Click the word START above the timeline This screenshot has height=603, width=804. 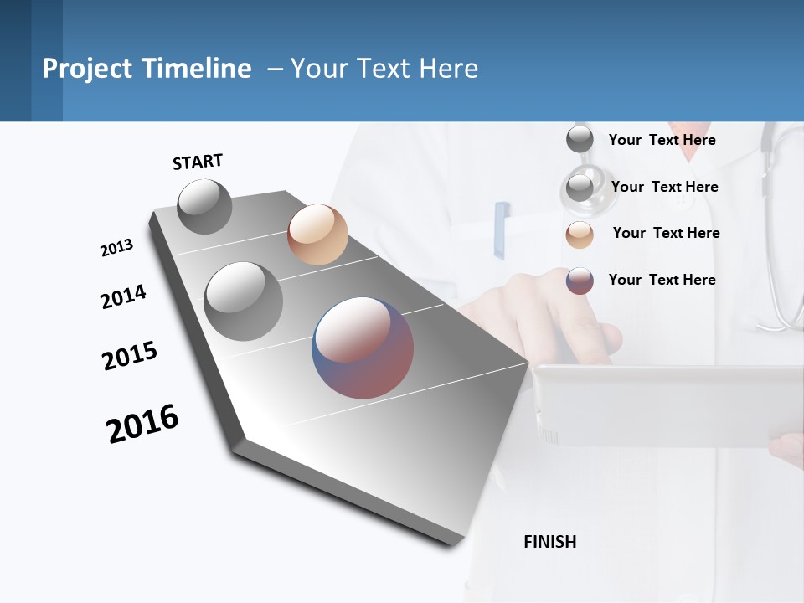click(x=198, y=162)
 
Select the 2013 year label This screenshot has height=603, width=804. click(x=116, y=248)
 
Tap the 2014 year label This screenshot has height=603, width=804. click(x=123, y=297)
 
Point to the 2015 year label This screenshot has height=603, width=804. click(x=130, y=356)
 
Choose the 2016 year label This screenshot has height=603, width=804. click(x=142, y=424)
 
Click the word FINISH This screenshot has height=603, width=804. click(x=549, y=542)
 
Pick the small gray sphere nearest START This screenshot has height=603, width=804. click(x=205, y=207)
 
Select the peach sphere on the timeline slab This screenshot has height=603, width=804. click(x=317, y=234)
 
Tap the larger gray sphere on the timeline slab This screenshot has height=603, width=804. click(x=243, y=301)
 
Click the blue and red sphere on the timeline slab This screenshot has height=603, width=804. click(x=363, y=347)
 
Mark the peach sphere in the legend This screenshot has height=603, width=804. click(x=580, y=234)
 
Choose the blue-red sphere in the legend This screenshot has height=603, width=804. click(x=580, y=281)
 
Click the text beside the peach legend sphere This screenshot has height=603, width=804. click(x=666, y=233)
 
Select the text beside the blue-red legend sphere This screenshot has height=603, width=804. click(x=662, y=280)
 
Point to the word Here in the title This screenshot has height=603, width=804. click(x=448, y=69)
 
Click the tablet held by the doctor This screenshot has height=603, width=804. click(x=662, y=406)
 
